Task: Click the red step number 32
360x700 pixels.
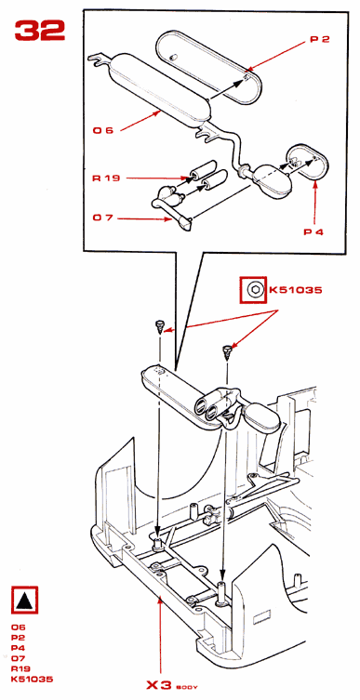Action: point(40,31)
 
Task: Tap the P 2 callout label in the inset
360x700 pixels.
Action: point(320,39)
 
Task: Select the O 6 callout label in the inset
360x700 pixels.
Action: point(103,130)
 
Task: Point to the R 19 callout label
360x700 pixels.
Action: point(106,178)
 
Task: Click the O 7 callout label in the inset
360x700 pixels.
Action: point(103,218)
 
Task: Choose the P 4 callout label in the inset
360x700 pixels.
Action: point(313,231)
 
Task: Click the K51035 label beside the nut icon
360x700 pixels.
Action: point(295,290)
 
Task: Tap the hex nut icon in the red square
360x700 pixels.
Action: point(253,290)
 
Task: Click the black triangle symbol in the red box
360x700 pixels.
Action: point(24,600)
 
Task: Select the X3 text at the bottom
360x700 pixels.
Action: point(159,685)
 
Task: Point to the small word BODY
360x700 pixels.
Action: point(187,687)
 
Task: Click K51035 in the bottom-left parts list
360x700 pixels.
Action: point(33,680)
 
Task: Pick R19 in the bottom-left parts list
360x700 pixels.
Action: point(20,668)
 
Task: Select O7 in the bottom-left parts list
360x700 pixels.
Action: point(19,658)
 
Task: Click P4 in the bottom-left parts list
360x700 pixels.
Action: point(19,648)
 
